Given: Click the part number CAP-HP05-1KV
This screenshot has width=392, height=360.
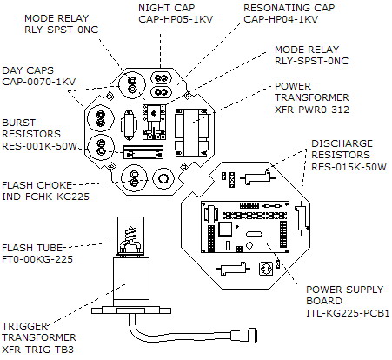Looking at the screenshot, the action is (176, 19).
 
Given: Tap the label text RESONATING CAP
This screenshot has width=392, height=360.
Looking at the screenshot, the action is (289, 8).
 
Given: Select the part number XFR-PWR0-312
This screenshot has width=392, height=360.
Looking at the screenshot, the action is (312, 110).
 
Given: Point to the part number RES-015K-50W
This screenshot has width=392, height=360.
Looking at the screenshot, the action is (349, 167).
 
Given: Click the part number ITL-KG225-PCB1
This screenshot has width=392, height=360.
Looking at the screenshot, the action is (348, 313).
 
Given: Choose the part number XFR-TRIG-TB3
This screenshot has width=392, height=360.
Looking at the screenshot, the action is (37, 350).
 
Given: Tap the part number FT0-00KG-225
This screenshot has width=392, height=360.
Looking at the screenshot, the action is (37, 259).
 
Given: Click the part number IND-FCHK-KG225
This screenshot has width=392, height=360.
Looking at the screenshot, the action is (45, 197).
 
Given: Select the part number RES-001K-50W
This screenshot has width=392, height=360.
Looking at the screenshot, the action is (39, 146).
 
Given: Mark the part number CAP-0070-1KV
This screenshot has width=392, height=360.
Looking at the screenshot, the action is (39, 82).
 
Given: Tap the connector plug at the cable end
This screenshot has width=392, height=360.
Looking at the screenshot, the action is (244, 336).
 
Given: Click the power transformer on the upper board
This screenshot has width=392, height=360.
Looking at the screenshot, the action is (191, 132).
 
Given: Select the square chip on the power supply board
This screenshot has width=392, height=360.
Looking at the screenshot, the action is (225, 229).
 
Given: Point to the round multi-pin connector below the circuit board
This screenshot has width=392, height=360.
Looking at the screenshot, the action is (266, 269).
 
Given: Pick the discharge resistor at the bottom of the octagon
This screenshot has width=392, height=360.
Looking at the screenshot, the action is (233, 269).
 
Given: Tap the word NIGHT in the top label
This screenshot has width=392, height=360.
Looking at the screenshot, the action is (151, 8).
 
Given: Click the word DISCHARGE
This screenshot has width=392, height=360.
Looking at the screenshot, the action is (342, 143).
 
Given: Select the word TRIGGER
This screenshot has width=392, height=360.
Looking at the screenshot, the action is (24, 326).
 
